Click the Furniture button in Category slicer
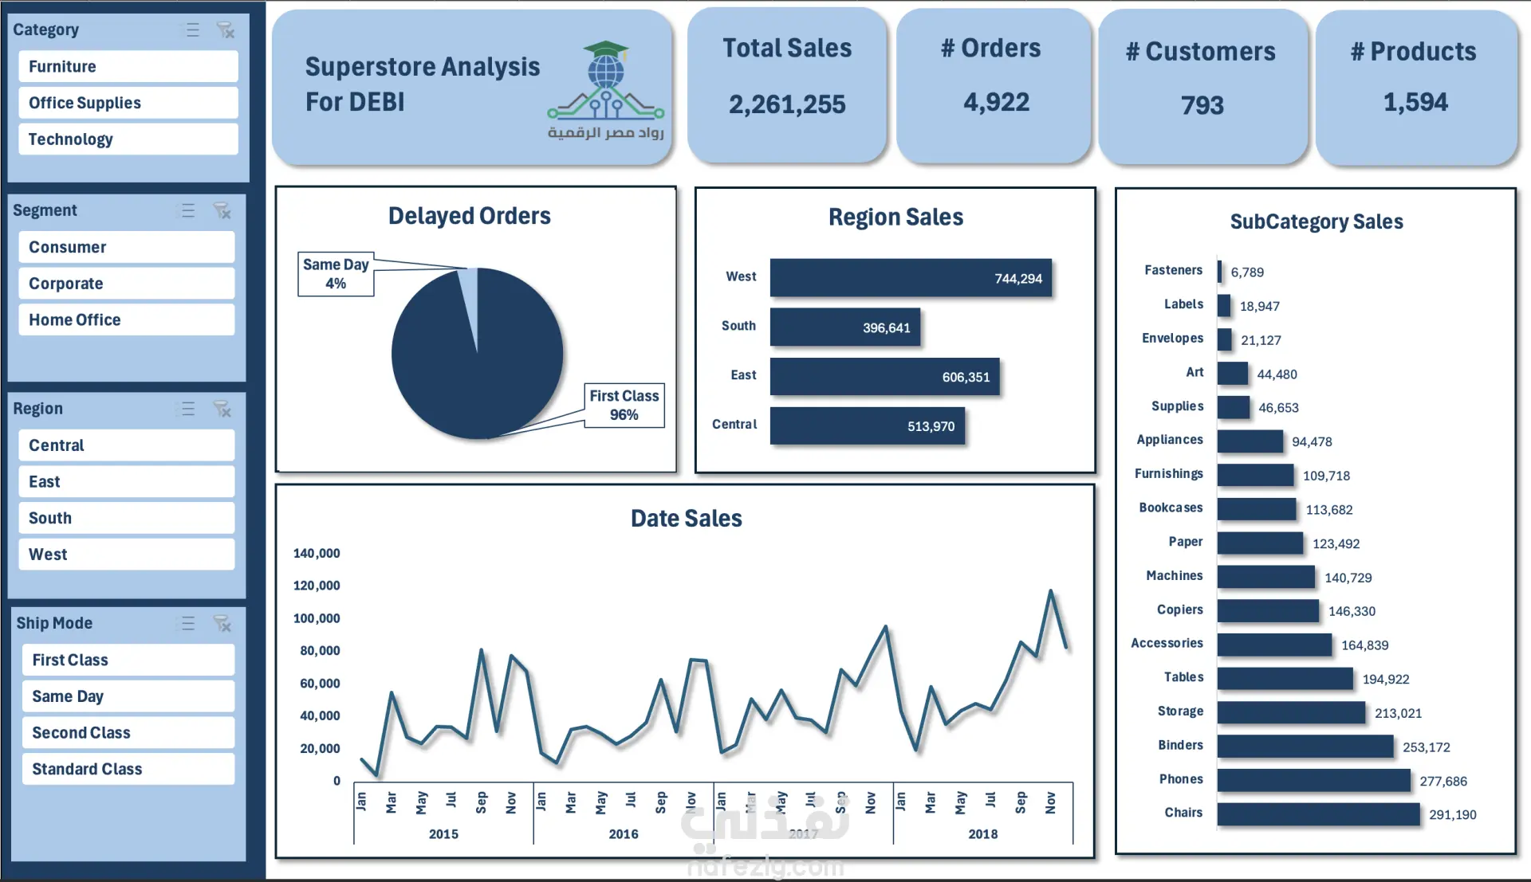pos(128,67)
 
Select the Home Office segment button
pos(126,319)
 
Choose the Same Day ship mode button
pos(128,696)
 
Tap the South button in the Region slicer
pos(126,518)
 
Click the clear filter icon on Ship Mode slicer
pos(222,623)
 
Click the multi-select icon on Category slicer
pos(193,30)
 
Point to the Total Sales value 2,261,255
pos(787,104)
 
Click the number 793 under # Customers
pos(1202,105)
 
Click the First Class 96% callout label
pos(624,406)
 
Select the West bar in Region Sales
pos(910,278)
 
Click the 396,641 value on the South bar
pos(886,328)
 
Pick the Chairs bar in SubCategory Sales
pos(1318,814)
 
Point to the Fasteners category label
pos(1173,270)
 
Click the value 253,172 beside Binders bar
pos(1426,747)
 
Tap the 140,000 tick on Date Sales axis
pos(317,553)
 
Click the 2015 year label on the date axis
pos(443,834)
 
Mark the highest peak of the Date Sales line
pos(1050,591)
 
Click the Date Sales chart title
pos(686,519)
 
